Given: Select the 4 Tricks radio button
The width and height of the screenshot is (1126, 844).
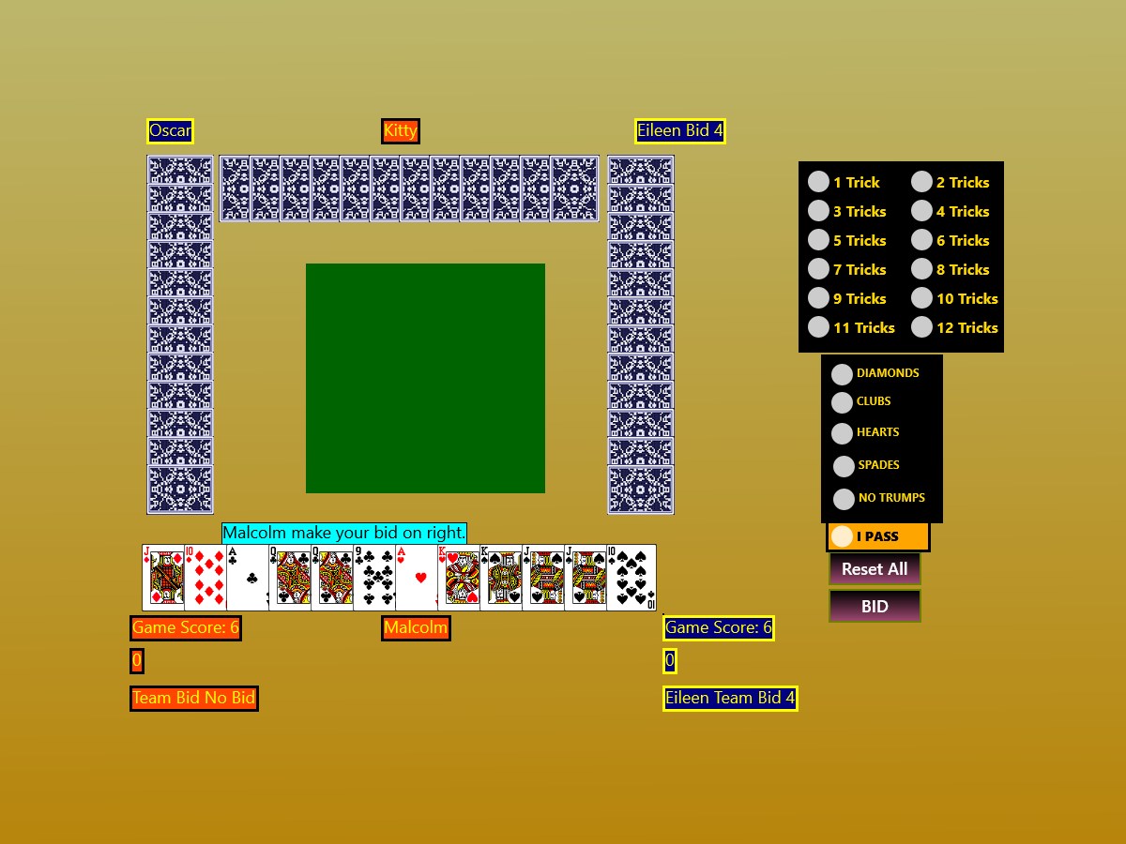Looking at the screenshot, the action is (x=921, y=211).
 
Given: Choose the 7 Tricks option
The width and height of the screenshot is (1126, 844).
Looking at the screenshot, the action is (x=818, y=269).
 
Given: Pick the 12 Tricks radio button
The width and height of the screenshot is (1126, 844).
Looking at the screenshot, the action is (x=921, y=327).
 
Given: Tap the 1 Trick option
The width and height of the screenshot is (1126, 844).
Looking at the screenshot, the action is (x=818, y=181).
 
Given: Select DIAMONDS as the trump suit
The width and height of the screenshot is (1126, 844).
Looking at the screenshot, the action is (x=842, y=374).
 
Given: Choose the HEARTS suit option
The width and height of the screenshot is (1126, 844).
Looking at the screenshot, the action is (x=842, y=433).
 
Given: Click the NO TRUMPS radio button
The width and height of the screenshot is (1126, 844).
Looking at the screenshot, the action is (x=844, y=499).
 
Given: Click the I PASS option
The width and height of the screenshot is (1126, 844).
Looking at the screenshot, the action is (x=842, y=536).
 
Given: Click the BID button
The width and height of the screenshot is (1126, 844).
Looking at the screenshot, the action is (x=875, y=606).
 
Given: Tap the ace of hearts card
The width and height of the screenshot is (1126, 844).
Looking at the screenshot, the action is (x=416, y=578).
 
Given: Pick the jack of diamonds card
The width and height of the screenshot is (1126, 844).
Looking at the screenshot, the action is (x=163, y=578).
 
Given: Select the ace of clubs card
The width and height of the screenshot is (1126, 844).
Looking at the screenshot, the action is (x=248, y=578).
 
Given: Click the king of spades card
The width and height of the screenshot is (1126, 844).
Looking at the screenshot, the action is (x=501, y=578).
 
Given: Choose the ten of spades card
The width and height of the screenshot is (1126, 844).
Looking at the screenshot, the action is (x=631, y=578).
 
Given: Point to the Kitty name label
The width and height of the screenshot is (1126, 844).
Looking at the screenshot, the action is (x=401, y=131).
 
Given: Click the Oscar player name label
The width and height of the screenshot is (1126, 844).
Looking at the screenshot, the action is (x=170, y=131).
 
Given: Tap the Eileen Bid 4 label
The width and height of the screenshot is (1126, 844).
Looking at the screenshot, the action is (x=680, y=131).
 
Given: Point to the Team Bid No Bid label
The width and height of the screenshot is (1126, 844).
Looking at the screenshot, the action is (x=194, y=698).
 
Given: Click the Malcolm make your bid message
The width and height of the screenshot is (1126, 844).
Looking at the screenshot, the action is (x=344, y=533).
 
